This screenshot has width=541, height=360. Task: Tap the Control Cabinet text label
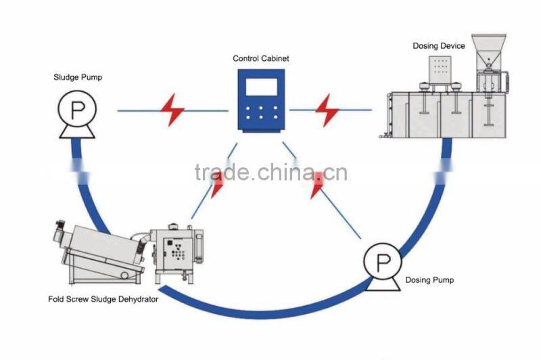click(260, 59)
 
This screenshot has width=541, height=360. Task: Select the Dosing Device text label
click(439, 46)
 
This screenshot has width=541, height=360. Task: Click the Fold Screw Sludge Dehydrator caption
click(103, 299)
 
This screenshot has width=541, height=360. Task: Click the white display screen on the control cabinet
click(260, 87)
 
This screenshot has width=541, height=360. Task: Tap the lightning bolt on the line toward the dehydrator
click(217, 184)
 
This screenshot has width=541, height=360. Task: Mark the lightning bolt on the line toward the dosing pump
click(317, 185)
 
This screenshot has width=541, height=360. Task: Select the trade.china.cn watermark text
click(270, 173)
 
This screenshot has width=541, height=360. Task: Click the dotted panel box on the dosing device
click(440, 70)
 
